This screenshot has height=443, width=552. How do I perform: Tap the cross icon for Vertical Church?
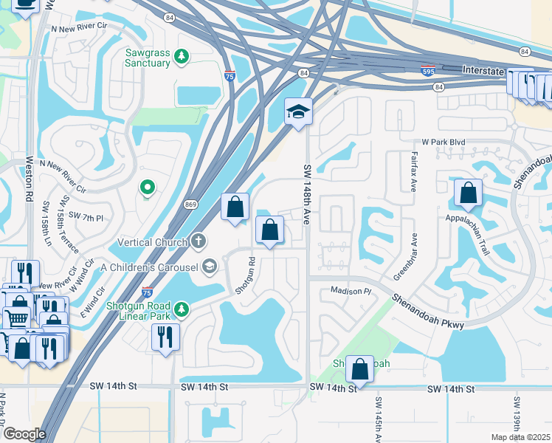point(198,241)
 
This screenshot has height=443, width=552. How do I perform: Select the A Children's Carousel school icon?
point(210,267)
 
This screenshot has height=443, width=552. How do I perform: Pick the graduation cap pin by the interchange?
point(298,112)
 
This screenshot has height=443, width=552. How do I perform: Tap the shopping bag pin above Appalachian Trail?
point(468,194)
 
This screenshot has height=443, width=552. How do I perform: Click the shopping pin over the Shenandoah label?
point(359,368)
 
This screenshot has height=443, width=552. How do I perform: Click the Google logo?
point(24,434)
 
